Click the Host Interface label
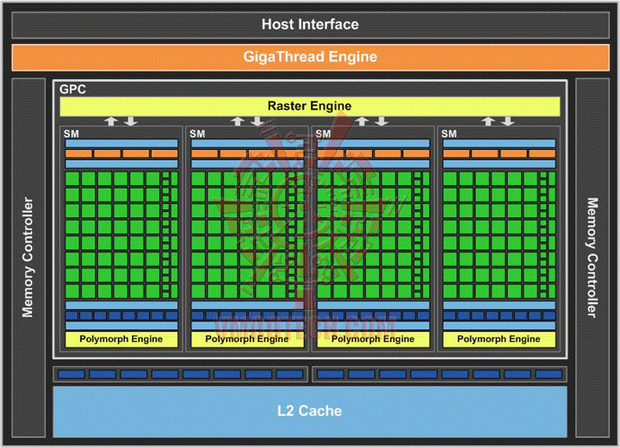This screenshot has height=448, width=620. pos(310,24)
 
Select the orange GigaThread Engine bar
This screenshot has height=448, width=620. pos(310,57)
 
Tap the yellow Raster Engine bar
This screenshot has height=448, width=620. pos(309,106)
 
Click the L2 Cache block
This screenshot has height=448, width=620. pos(310,411)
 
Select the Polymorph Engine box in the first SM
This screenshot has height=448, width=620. pos(121,339)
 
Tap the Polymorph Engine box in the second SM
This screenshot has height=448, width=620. pos(247,339)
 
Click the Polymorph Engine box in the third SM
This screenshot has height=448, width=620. pos(373,339)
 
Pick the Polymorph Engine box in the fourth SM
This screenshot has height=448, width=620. pos(499,339)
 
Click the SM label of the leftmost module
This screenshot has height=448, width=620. pos(71,134)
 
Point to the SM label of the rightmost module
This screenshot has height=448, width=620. pos(449,134)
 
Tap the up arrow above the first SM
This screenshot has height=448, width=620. pos(111,121)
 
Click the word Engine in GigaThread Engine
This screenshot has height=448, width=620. pos(351,57)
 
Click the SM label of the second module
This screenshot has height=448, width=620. pos(197,134)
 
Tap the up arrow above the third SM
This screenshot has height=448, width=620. pos(363,121)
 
